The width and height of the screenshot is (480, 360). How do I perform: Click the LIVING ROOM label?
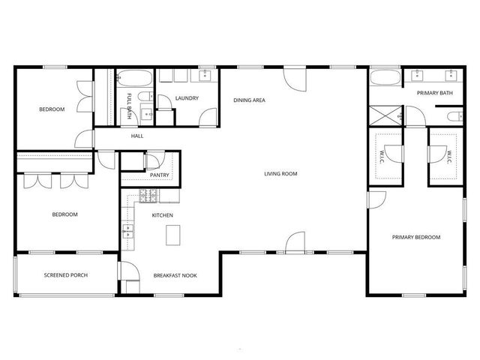pos(280,174)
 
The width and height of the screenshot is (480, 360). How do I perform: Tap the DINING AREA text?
pos(249,100)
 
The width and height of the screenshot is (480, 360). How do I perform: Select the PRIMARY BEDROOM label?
pos(416,237)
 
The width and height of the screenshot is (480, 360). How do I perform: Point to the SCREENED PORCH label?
pos(65,275)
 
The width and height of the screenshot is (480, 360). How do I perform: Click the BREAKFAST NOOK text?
pos(175,275)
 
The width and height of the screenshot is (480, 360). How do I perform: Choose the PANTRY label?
pos(159,175)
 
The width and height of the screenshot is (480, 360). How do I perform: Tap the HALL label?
pos(137,136)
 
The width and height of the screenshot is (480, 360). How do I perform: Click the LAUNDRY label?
pos(186,98)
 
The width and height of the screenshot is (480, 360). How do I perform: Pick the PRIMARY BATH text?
pos(435,93)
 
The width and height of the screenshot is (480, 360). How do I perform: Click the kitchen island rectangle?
pos(174,236)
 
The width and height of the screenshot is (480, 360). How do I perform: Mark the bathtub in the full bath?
pos(136,77)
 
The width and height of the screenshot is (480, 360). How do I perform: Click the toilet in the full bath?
pos(147,115)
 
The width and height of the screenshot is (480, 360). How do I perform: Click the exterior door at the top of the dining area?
pos(295,76)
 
